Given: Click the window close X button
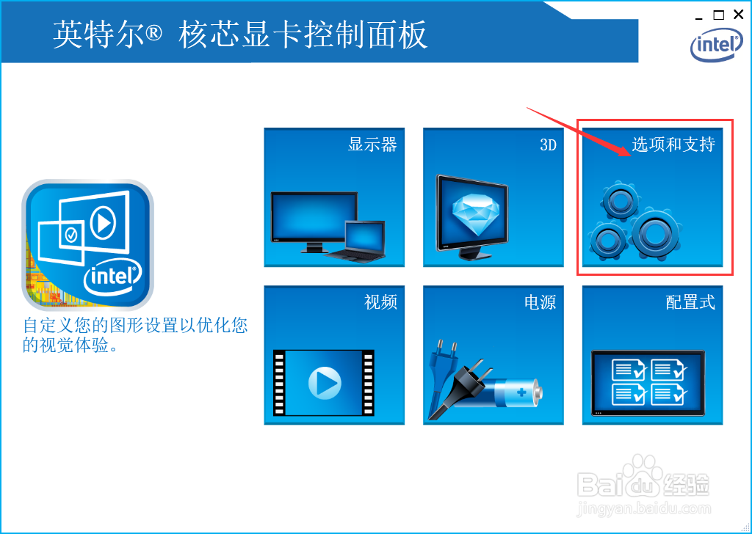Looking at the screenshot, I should click(x=738, y=15).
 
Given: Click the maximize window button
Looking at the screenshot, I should click(x=718, y=15).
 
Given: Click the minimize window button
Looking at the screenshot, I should click(x=698, y=15).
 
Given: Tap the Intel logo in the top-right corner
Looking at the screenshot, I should click(x=716, y=45).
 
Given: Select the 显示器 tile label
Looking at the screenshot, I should click(x=372, y=145).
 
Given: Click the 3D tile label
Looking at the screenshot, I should click(x=548, y=145).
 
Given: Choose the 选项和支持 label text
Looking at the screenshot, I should click(x=673, y=145).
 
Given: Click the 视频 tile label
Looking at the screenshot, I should click(x=380, y=301).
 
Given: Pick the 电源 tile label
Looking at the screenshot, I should click(x=540, y=301).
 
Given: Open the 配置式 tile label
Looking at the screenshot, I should click(x=690, y=301).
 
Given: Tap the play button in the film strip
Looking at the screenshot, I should click(x=324, y=382).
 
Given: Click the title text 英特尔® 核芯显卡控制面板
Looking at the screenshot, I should click(x=240, y=35).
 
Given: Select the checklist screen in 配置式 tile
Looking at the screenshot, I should click(x=648, y=381).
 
